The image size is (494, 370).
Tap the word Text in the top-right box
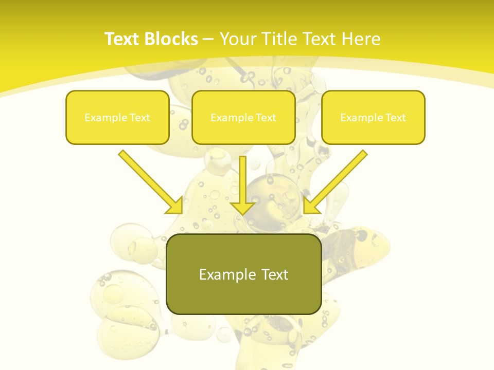point(396,118)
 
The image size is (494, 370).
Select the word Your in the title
point(235,39)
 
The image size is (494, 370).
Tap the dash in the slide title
point(208,39)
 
